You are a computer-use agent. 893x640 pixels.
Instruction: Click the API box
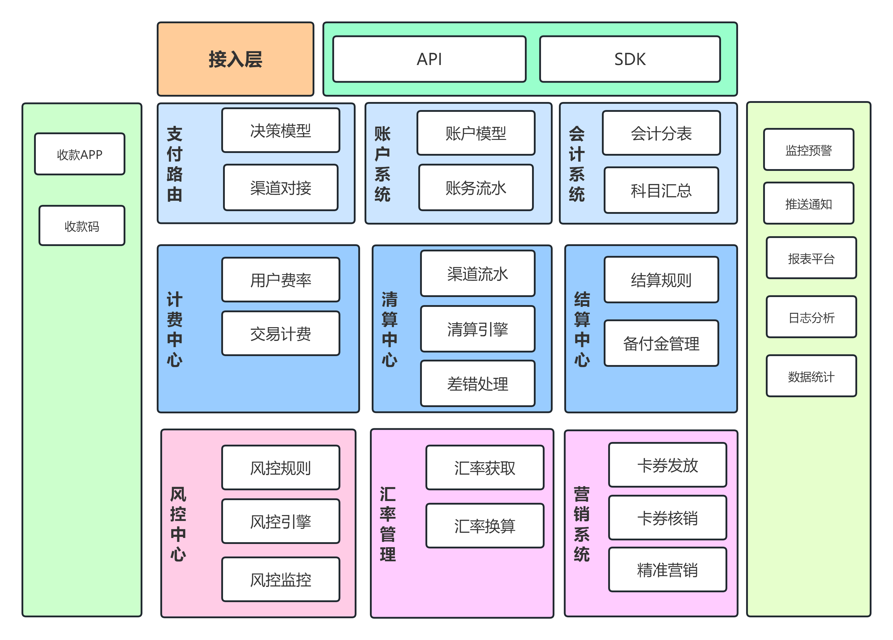[429, 59]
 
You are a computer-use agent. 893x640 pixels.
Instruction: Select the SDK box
[630, 59]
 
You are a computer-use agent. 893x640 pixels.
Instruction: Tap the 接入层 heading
[236, 59]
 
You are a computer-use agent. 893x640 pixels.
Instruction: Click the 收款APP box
[79, 154]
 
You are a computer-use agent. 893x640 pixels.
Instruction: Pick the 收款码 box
[82, 226]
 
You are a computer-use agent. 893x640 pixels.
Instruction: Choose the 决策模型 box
[280, 130]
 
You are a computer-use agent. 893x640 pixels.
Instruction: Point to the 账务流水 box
[476, 188]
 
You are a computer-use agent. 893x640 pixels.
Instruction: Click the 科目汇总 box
[661, 190]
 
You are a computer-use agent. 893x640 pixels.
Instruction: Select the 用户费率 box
[280, 280]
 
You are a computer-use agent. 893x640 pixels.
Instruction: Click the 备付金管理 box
[661, 343]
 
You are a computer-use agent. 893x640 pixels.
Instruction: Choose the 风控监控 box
[280, 579]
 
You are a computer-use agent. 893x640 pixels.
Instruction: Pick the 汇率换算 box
[485, 525]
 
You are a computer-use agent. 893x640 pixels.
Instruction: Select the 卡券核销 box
[667, 518]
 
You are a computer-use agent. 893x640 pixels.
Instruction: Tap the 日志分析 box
[811, 317]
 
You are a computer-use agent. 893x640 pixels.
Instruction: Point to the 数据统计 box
[811, 376]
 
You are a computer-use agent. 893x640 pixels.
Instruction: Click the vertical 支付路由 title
[174, 164]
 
